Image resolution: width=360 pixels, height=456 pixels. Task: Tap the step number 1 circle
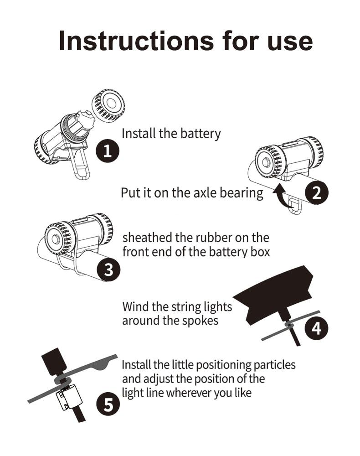(x=107, y=151)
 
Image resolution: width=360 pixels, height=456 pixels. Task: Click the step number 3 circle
(x=108, y=269)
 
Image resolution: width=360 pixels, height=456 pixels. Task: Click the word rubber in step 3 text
(x=217, y=238)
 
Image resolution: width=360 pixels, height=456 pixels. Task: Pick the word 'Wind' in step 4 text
(x=135, y=306)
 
